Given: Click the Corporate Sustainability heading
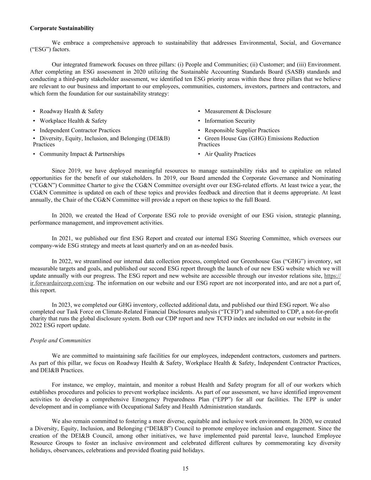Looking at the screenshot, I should (x=62, y=28).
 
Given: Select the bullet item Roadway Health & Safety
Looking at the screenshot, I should (x=71, y=111).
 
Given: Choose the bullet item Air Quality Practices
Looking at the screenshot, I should (x=230, y=154).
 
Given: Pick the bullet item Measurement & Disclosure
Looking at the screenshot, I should (x=238, y=111).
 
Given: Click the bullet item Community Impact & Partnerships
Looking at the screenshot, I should (x=82, y=154).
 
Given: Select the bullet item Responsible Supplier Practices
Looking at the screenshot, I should (x=242, y=130).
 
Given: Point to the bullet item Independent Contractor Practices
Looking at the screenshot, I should (x=80, y=130).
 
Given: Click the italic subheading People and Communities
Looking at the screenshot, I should (x=60, y=340).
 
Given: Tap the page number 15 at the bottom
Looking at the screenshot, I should (x=185, y=468).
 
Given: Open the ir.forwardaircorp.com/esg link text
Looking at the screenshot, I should (x=62, y=283).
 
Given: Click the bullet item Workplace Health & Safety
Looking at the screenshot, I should (x=73, y=121).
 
